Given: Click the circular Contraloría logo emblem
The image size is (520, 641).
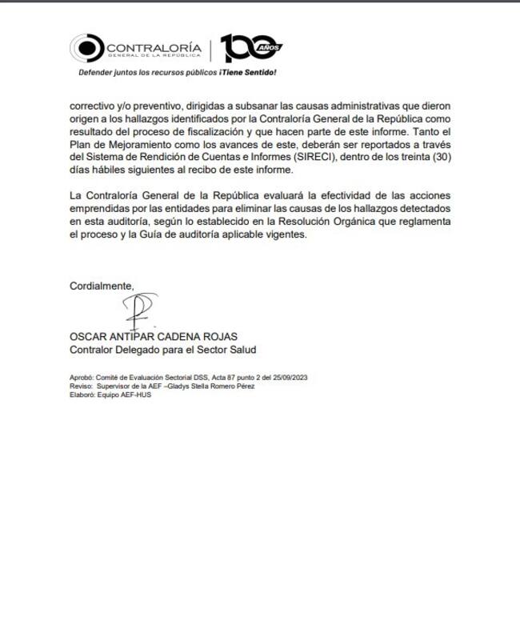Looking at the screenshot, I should [x=86, y=49].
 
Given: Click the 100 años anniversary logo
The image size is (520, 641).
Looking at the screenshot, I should [x=251, y=49].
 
